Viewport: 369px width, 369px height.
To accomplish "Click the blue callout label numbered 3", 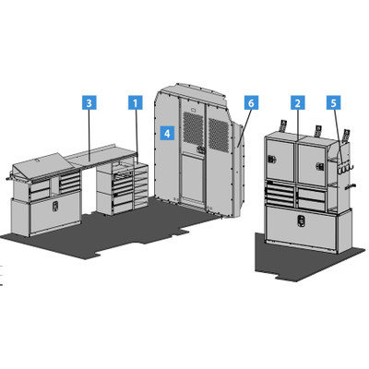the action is pos(89,102).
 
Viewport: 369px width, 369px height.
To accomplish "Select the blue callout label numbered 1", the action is pos(136,102).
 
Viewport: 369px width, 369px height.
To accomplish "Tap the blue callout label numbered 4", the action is pos(167,133).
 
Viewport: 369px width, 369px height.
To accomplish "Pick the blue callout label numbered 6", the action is pos(251,102).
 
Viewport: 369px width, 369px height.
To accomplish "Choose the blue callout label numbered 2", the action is pos(298,102).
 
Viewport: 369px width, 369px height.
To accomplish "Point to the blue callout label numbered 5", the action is pos(334,102).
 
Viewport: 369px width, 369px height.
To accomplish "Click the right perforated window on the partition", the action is pos(219,135).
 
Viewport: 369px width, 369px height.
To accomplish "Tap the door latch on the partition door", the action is pos(201,149).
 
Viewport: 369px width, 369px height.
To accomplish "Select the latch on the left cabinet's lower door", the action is pos(54,207).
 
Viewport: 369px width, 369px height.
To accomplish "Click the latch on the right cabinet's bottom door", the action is pos(301,220).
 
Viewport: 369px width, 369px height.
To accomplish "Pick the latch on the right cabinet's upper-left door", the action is pos(272,159).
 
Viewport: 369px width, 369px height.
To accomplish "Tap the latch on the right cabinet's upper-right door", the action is pos(320,166).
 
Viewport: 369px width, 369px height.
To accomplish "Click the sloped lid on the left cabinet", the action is pos(42,167).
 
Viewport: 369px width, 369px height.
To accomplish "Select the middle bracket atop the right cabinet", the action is pos(317,131).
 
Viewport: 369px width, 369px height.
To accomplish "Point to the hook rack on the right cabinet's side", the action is pos(345,168).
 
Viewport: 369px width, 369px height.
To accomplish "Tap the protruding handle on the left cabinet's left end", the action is pos(9,178).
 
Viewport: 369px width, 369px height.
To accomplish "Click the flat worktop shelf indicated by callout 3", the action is pos(101,156).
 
